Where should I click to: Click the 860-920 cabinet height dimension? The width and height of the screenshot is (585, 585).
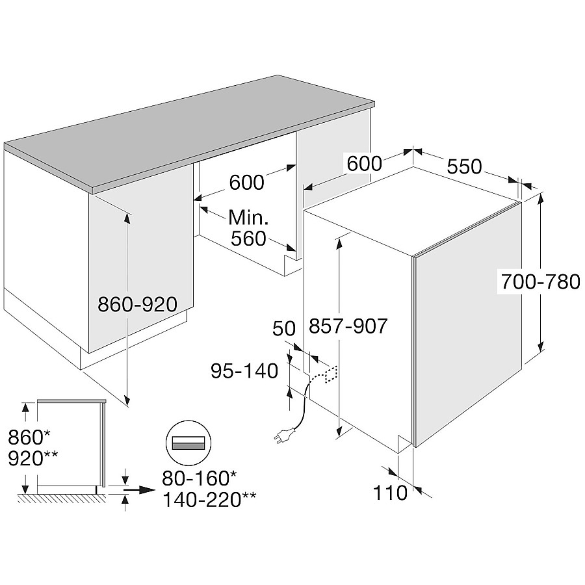click(137, 304)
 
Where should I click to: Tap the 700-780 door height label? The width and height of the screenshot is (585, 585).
click(541, 281)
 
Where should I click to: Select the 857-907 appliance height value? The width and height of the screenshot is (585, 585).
click(348, 326)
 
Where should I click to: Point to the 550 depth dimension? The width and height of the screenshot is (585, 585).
click(465, 166)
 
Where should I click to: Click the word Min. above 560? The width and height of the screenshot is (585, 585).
click(248, 218)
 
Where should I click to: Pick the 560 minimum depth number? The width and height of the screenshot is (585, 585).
click(248, 239)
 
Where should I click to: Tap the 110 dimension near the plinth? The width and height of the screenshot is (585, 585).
click(390, 493)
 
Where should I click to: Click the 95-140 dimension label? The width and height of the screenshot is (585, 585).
click(244, 371)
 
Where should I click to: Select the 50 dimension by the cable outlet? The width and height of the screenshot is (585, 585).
click(284, 329)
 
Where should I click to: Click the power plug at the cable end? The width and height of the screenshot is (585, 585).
click(284, 436)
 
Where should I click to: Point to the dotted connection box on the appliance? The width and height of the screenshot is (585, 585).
click(331, 374)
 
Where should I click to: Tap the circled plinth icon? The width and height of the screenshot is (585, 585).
click(188, 443)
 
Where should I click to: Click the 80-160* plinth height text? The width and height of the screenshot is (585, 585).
click(200, 478)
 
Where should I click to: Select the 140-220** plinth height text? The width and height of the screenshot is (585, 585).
click(210, 500)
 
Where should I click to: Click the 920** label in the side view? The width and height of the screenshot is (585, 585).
click(33, 458)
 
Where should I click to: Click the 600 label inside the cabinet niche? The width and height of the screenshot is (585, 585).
click(246, 183)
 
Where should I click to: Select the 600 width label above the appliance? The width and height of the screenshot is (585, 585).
click(365, 163)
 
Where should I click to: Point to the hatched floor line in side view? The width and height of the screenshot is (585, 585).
click(62, 498)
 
